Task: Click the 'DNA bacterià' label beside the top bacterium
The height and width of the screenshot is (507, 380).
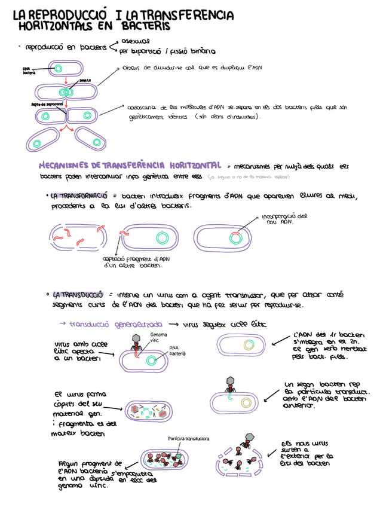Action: [x=29, y=71]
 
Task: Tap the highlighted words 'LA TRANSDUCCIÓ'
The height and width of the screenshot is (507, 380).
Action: [x=78, y=295]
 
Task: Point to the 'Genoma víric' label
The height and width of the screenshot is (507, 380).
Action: [x=158, y=337]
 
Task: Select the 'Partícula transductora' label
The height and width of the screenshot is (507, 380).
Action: [x=189, y=439]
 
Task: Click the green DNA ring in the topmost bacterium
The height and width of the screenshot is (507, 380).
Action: [x=59, y=68]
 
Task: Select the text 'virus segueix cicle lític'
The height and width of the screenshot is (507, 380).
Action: [x=224, y=323]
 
